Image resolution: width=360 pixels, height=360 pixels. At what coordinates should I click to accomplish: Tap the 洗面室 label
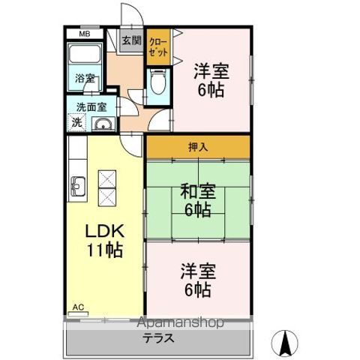(87, 107)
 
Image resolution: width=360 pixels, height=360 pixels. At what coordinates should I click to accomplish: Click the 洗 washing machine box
(76, 122)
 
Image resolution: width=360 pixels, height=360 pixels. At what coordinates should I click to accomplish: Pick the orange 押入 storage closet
(198, 146)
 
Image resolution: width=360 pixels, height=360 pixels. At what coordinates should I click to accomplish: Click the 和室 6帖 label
(198, 200)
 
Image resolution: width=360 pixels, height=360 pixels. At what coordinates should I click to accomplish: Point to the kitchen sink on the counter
(77, 183)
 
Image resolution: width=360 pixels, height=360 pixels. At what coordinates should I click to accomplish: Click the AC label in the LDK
(77, 307)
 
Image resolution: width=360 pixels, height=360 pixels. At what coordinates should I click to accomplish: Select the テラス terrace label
(160, 338)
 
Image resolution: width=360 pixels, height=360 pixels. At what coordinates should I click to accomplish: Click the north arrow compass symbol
(286, 343)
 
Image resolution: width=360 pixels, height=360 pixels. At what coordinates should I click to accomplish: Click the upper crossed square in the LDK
(106, 178)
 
